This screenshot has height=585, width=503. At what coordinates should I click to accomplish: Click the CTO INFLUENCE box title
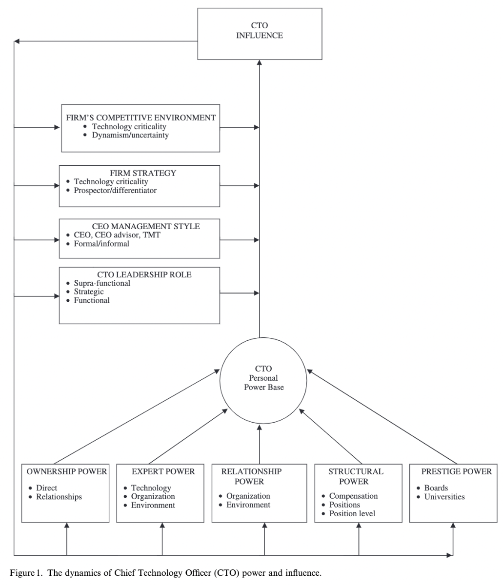(x=260, y=30)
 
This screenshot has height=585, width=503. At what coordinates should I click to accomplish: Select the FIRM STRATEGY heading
(x=143, y=173)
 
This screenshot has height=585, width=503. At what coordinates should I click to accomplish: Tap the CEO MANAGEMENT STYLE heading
(x=146, y=226)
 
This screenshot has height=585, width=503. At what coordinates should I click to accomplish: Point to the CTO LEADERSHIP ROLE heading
(x=144, y=274)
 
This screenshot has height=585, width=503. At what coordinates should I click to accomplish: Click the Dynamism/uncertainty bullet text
(x=130, y=135)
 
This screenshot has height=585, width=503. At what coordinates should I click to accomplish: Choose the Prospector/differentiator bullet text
(x=115, y=190)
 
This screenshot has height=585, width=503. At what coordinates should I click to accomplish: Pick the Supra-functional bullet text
(x=102, y=283)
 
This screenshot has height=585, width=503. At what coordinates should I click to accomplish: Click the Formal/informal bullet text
(x=101, y=243)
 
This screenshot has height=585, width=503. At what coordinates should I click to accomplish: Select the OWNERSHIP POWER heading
(x=67, y=471)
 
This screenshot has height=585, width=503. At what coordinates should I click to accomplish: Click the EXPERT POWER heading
(x=163, y=471)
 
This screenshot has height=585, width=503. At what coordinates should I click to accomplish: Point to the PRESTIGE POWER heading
(x=457, y=471)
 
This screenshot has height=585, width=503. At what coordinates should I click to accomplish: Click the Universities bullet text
(x=444, y=497)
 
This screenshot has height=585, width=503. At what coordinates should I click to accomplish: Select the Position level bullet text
(x=352, y=513)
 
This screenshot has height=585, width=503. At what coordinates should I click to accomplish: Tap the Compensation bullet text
(x=353, y=496)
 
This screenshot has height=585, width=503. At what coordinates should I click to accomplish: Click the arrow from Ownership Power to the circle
(x=137, y=417)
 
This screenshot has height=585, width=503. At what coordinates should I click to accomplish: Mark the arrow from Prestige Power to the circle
(x=382, y=417)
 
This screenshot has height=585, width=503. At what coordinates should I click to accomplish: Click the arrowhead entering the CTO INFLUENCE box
(x=259, y=62)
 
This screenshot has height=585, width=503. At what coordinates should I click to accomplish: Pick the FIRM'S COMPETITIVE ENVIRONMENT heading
(x=141, y=117)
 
